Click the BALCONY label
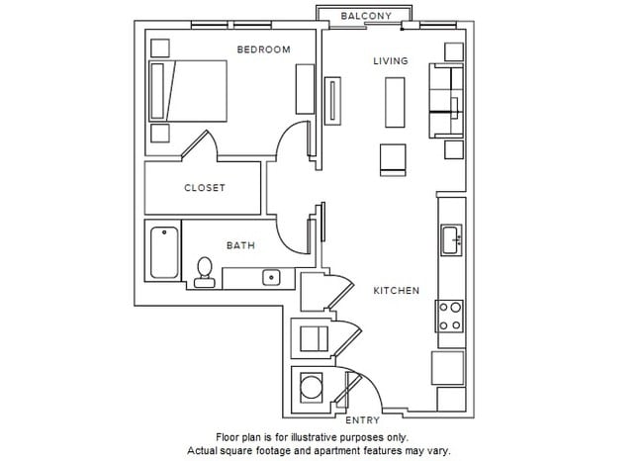coord(366,16)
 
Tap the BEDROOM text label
coord(263,49)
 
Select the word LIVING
coord(390,61)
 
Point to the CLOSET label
coord(205,188)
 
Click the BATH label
coord(241,245)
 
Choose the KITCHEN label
coord(396,291)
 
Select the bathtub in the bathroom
coord(164,253)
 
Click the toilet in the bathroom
coord(205,271)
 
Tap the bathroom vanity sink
coord(272,277)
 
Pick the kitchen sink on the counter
coord(451,239)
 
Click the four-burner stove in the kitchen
coord(450,316)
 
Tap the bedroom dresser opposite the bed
coord(305,90)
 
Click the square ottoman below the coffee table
coord(392,158)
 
